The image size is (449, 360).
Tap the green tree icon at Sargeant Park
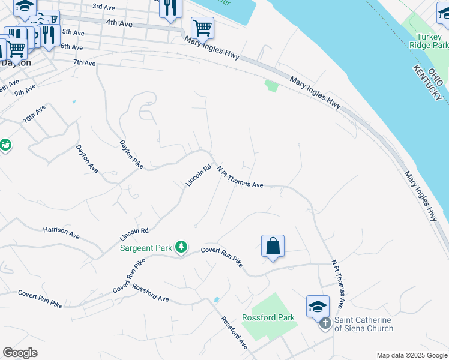click(181, 247)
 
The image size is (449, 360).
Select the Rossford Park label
click(268, 317)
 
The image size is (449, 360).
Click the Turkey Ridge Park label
click(428, 40)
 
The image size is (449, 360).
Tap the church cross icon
click(325, 324)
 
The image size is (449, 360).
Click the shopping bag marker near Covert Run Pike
click(273, 246)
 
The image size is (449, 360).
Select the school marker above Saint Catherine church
click(318, 307)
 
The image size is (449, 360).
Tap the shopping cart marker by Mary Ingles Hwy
click(202, 27)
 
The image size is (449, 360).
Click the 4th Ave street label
click(118, 22)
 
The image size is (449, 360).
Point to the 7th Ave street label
click(85, 62)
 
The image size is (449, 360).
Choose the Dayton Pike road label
click(131, 154)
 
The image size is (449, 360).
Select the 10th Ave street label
click(35, 114)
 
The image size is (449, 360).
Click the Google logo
click(20, 353)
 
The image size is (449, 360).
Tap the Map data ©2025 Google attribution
click(411, 355)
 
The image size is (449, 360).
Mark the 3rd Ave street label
click(103, 7)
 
